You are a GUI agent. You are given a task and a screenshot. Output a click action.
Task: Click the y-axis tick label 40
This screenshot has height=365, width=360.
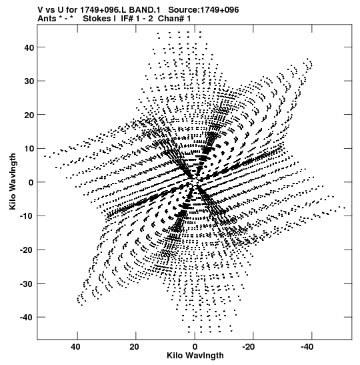coord(29,47)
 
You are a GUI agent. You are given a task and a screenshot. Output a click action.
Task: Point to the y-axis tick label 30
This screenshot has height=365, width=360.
coord(29,81)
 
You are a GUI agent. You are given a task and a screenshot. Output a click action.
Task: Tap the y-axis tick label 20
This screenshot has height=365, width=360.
coord(29,115)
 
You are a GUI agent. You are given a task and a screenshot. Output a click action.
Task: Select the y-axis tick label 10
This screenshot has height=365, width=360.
coord(29,149)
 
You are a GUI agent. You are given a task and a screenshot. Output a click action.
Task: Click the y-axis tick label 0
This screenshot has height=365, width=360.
coord(31,183)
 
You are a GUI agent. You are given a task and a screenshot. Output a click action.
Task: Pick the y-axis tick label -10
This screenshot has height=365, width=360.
coord(27,216)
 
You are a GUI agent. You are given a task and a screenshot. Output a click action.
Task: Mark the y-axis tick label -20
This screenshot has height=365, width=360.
coord(27,250)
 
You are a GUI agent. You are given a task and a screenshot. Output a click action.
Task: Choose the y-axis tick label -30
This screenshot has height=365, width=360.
coord(27,284)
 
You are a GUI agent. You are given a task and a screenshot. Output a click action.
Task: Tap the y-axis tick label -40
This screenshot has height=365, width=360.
coord(27,318)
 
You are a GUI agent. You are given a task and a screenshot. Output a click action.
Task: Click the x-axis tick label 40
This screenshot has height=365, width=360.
coord(75,347)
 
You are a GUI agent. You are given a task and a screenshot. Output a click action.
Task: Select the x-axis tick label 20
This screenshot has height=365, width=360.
coord(134,347)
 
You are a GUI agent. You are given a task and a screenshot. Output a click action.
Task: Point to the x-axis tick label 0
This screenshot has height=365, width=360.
coord(195,347)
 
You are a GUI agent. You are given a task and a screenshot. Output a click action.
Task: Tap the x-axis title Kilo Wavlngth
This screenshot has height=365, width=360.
coord(195,356)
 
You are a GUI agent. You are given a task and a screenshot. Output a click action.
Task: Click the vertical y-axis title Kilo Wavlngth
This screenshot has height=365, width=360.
coord(13,181)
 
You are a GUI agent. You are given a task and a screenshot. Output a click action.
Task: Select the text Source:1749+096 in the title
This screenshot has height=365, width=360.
coord(203,10)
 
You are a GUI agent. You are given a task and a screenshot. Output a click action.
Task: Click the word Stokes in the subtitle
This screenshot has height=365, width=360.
coord(97,19)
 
